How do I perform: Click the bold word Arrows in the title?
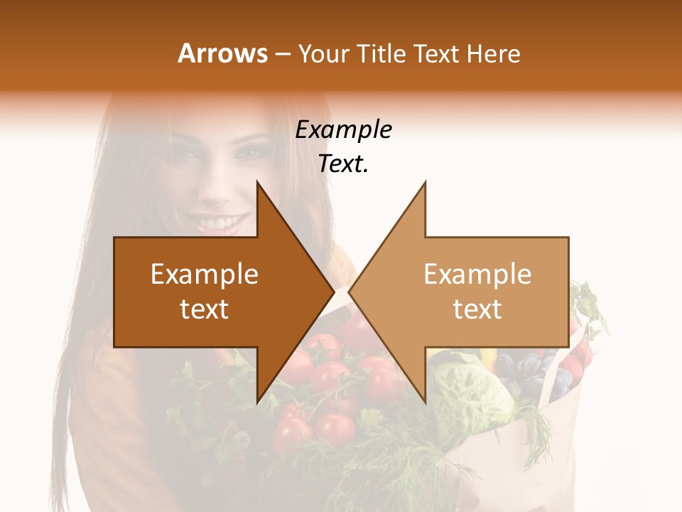pos(223,53)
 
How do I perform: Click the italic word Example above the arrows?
pos(344,129)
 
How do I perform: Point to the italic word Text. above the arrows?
pos(344,164)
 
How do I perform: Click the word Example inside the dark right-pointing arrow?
pos(205,274)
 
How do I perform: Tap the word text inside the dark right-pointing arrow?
pos(205,309)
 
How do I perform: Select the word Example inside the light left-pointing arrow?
pos(477,274)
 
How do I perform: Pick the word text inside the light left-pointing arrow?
pos(477,309)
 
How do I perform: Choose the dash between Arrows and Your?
pos(282,54)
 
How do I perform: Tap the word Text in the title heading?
pos(435,53)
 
